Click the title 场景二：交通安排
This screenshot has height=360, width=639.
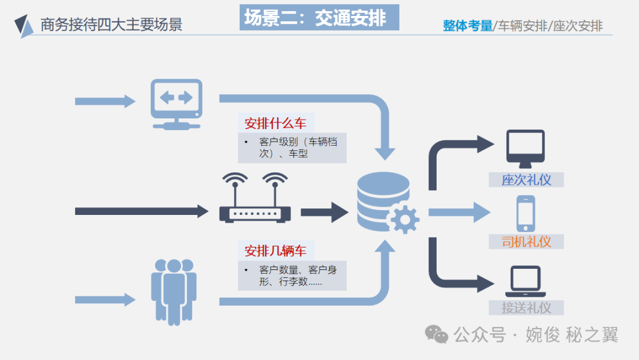(320, 18)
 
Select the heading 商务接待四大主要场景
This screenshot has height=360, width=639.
(111, 24)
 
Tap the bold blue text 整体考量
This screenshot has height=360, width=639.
(467, 26)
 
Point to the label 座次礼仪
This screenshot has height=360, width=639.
(526, 180)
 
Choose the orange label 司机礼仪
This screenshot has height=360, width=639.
(526, 242)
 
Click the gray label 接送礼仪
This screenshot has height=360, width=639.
(526, 308)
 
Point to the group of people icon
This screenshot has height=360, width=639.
(173, 291)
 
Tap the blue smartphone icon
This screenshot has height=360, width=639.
(525, 214)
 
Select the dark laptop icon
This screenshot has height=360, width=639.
(525, 282)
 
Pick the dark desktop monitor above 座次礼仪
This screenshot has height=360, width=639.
(525, 150)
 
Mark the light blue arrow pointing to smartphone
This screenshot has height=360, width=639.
(459, 213)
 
